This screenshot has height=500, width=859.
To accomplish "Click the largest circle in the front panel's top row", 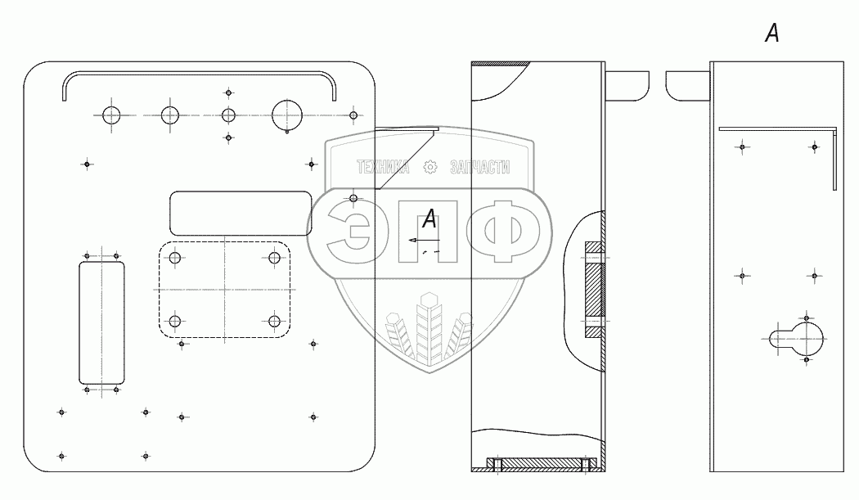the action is click(x=287, y=115).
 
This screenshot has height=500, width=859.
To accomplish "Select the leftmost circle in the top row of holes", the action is click(x=111, y=115).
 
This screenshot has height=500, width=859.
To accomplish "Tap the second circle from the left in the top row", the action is click(x=169, y=115).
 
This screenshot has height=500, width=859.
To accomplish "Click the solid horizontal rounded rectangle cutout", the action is click(x=240, y=213).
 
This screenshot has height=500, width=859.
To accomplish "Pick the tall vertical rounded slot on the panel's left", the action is click(x=101, y=322).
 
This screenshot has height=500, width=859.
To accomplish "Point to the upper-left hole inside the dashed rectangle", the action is click(x=174, y=259).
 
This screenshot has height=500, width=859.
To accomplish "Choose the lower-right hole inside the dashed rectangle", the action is click(x=274, y=320).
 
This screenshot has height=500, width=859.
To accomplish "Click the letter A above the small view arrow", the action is click(x=429, y=219).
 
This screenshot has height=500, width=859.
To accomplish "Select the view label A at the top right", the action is click(x=771, y=34).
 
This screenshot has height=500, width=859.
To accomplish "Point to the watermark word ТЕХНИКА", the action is click(x=382, y=168).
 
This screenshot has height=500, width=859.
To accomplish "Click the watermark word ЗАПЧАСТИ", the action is click(x=479, y=168).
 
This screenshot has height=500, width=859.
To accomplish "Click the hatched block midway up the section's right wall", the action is click(x=592, y=290).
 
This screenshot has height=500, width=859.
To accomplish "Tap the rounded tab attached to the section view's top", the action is click(x=627, y=83).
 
